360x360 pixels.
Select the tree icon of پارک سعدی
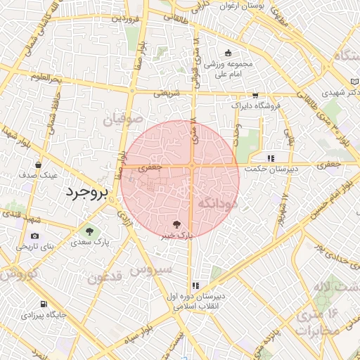click(x=89, y=231)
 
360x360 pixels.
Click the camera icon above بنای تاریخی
click(x=35, y=236)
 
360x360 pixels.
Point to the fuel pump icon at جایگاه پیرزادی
click(x=44, y=304)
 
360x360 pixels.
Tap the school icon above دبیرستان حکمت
click(x=270, y=157)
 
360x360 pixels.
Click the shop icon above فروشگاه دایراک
click(x=255, y=95)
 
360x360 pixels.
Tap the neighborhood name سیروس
click(x=154, y=269)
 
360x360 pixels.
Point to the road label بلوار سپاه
click(x=154, y=326)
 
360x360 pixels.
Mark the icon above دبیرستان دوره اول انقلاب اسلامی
click(x=195, y=285)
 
